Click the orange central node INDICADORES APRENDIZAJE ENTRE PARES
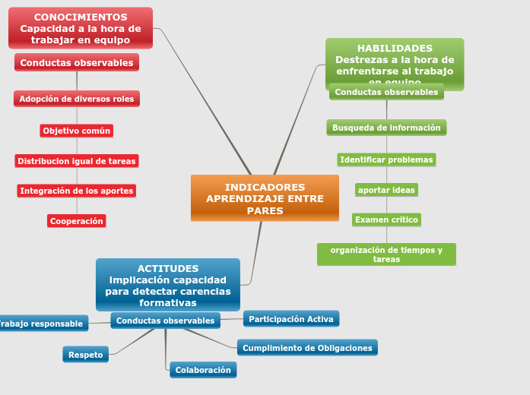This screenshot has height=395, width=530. coord(265,198)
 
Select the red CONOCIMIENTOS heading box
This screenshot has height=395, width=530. coord(81,28)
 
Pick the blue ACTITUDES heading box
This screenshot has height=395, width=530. coord(168,285)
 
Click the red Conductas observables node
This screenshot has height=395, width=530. coord(77,63)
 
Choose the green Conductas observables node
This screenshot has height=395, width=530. coord(386,92)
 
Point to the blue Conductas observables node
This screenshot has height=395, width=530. coord(165,321)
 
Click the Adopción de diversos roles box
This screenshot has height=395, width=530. coord(77,99)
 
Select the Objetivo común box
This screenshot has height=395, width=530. coord(77,131)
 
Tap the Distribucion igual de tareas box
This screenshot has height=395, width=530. coord(77,161)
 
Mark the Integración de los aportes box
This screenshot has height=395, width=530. coord(77,191)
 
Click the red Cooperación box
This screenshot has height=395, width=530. coord(76,221)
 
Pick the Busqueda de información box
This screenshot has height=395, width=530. coord(386,128)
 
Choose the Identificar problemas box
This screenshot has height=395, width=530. coord(386,160)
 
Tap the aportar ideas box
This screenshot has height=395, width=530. coord(386,190)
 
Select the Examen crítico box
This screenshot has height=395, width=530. coord(386,220)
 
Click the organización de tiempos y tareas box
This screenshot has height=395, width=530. coord(386,254)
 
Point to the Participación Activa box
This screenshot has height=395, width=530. coord(291,319)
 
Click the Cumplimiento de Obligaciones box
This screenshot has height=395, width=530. coord(307,348)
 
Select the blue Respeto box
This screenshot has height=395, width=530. coord(86,355)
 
